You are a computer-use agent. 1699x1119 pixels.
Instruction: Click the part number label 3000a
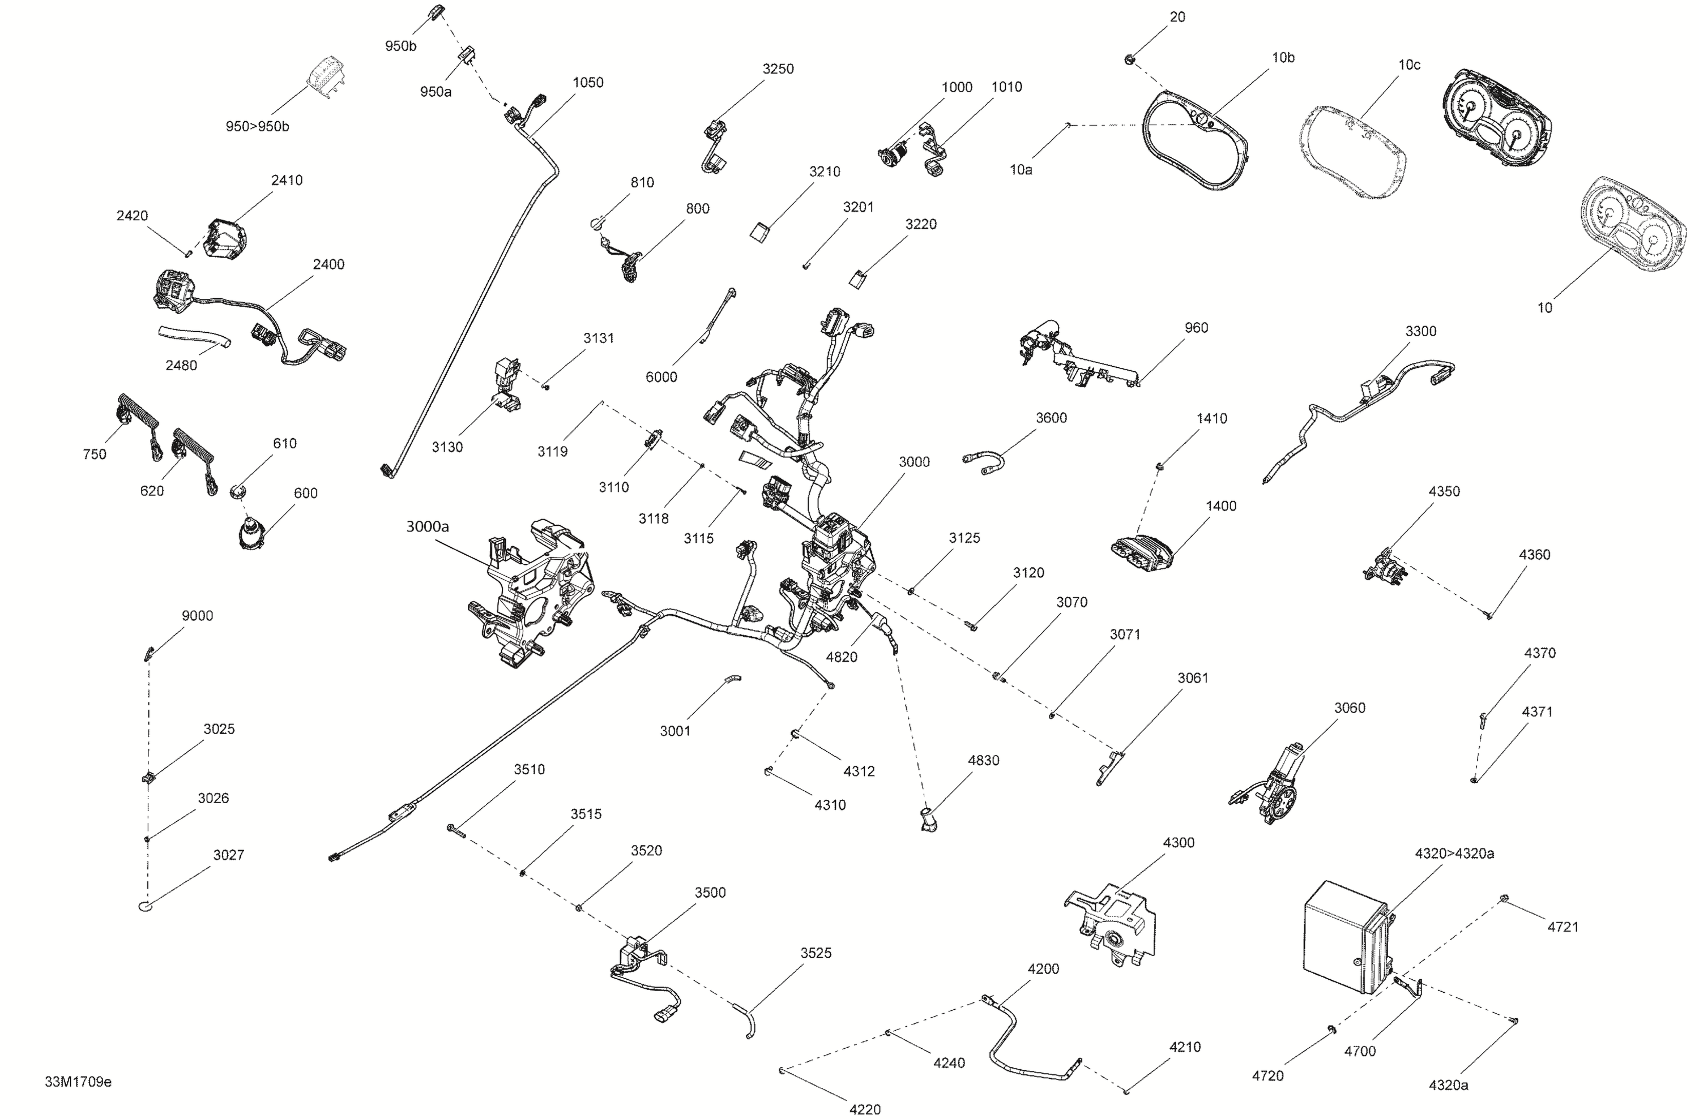click(428, 527)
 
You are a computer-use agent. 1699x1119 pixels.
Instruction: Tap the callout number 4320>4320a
click(1454, 853)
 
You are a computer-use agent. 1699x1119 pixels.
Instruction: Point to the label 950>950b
click(258, 126)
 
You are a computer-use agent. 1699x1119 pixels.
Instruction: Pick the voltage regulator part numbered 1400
click(1142, 554)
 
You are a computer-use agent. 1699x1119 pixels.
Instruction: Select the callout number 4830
click(983, 760)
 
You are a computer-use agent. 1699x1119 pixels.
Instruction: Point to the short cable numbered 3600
click(984, 462)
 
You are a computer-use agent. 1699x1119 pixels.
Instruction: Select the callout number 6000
click(661, 377)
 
